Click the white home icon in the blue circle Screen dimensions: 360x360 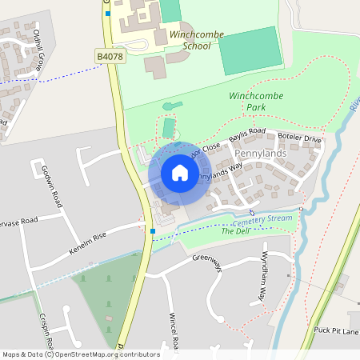180,173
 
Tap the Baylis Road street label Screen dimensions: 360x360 247,136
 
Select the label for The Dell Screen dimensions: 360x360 236,231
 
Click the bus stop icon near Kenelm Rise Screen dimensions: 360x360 152,232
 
